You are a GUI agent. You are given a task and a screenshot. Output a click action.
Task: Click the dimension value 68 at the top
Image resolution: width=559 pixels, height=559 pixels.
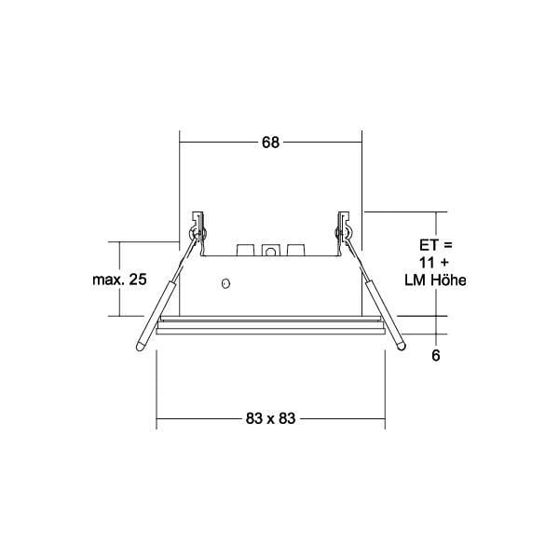[x=270, y=143]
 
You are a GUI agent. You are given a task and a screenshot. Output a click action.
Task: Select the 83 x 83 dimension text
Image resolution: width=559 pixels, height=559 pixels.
[x=270, y=418]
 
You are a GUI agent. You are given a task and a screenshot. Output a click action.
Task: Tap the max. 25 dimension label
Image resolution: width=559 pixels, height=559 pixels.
[x=119, y=279]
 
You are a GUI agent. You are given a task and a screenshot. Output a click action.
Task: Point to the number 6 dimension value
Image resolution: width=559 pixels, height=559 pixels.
[x=436, y=356]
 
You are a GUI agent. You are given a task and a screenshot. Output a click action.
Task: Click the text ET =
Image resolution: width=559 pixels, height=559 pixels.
[x=436, y=245]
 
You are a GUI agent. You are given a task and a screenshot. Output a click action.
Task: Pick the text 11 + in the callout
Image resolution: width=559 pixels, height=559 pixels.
[x=434, y=263]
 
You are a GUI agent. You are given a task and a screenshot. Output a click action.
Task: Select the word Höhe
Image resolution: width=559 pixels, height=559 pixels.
[x=448, y=280]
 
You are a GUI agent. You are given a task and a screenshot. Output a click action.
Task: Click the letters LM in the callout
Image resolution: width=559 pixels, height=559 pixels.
[x=416, y=280]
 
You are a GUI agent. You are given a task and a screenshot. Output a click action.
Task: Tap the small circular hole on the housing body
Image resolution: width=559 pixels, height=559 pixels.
[x=225, y=283]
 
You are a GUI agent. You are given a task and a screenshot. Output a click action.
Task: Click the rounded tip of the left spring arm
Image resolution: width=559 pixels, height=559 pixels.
[x=141, y=347]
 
